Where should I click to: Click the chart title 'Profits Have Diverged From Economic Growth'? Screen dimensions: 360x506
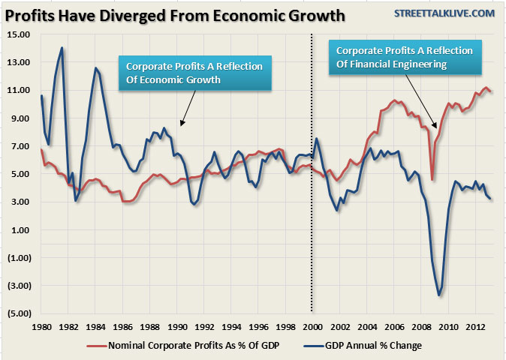point(176,15)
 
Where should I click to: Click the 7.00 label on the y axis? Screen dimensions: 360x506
point(19,145)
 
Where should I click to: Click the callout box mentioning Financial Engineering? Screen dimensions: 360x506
point(404,58)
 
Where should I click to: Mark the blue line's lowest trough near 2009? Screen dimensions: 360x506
point(439,295)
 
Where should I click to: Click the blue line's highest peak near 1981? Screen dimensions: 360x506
point(62,49)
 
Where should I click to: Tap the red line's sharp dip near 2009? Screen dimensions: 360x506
point(432,179)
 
